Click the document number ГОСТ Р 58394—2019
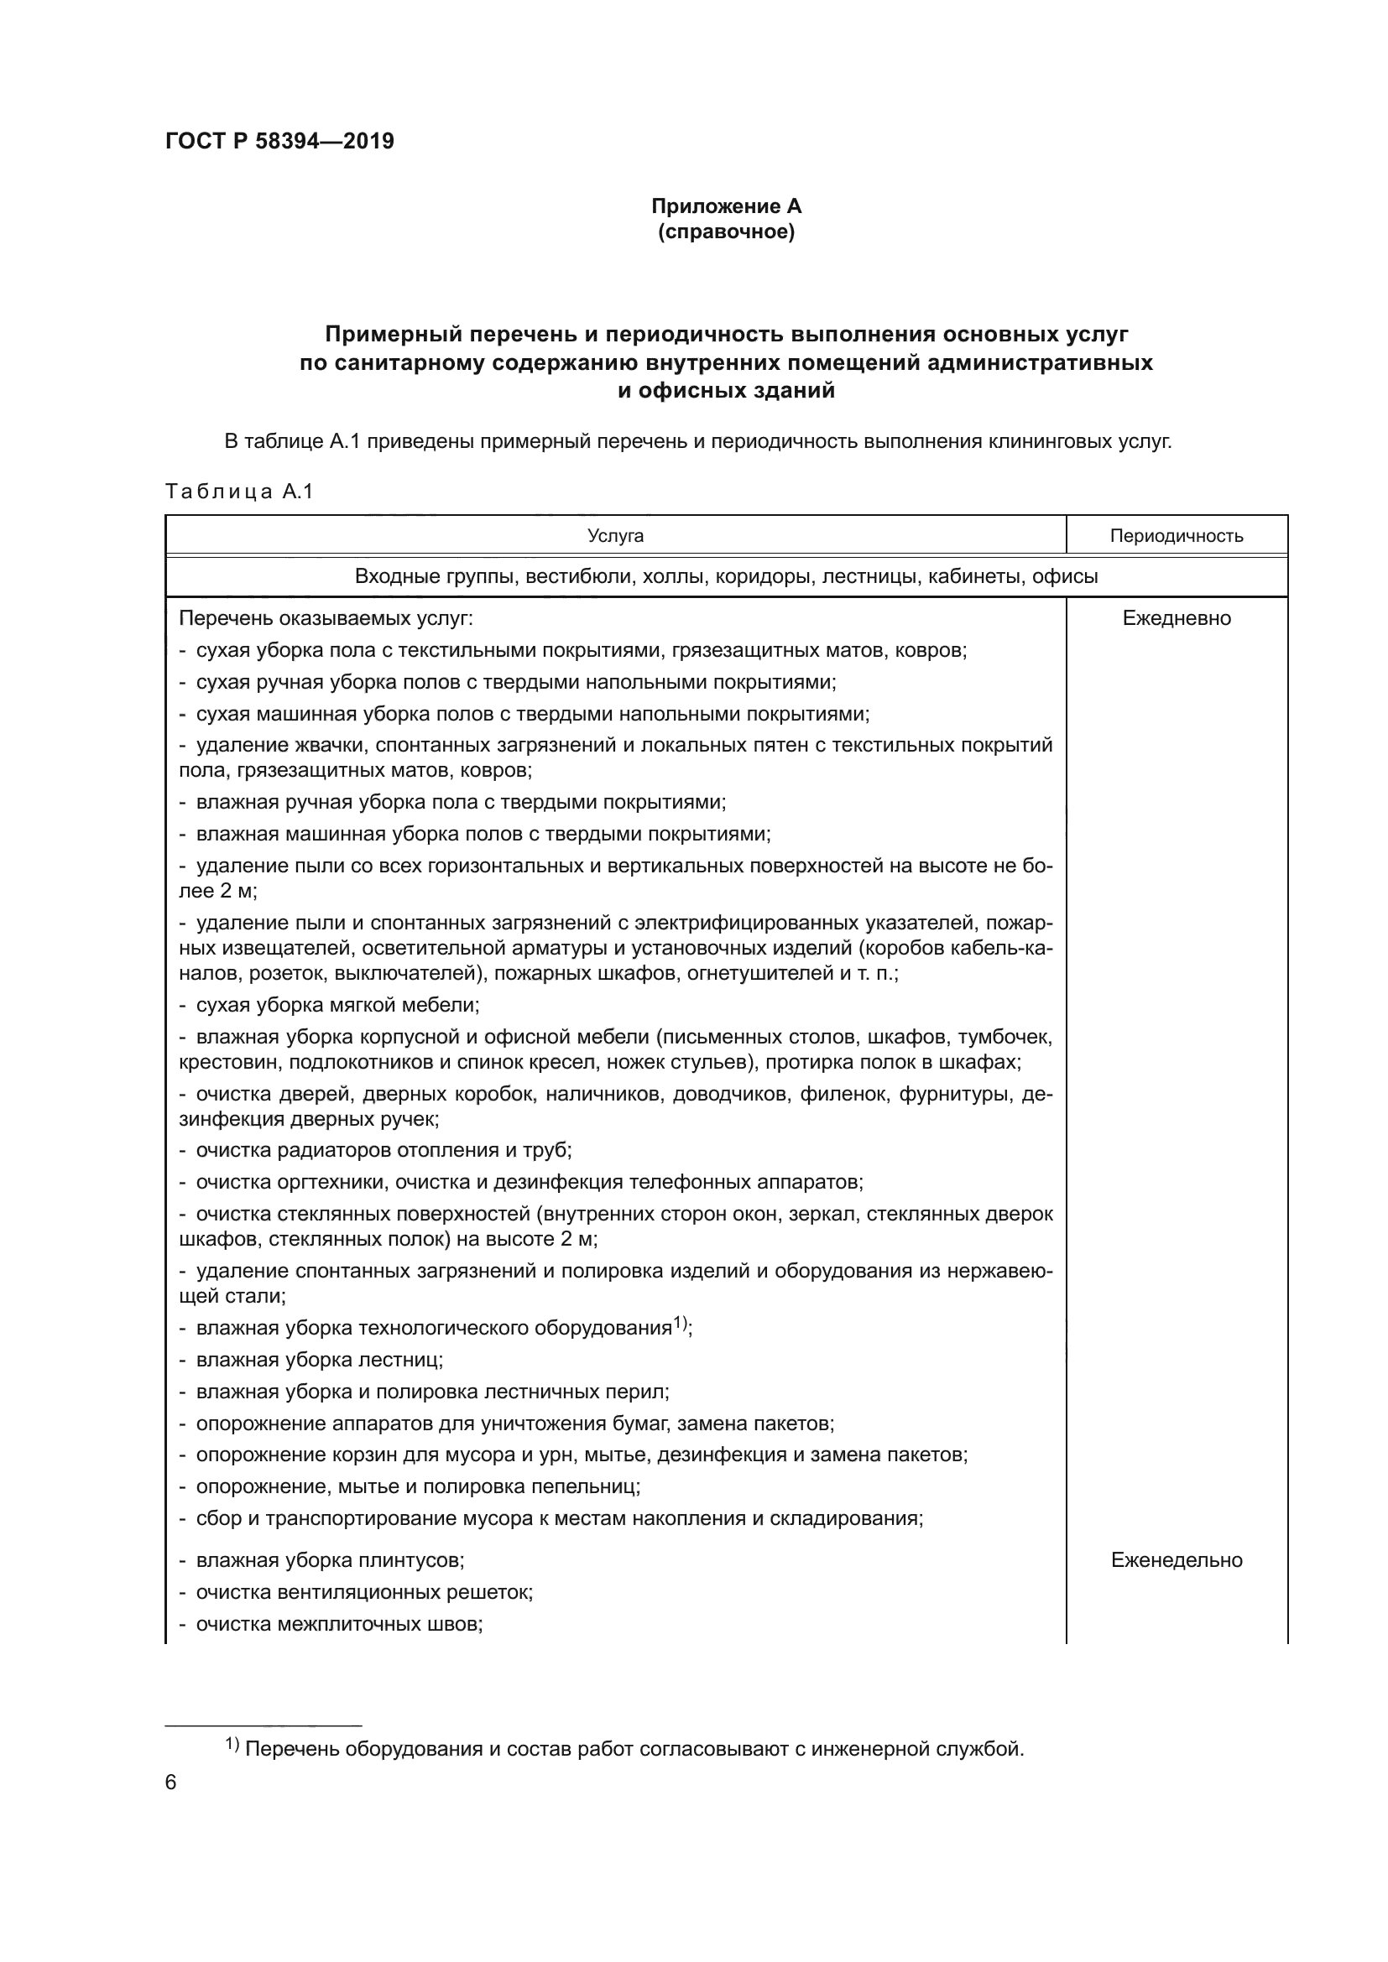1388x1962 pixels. pos(279,141)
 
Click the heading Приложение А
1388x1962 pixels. pos(726,206)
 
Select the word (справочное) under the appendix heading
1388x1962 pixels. pos(726,232)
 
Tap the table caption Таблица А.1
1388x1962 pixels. pos(239,492)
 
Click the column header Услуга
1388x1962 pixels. pos(615,536)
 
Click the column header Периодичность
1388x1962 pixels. pos(1176,536)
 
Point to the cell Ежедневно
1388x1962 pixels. pos(1176,618)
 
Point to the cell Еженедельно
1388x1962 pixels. pos(1176,1559)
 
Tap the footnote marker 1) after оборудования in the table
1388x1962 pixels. pos(681,1323)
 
